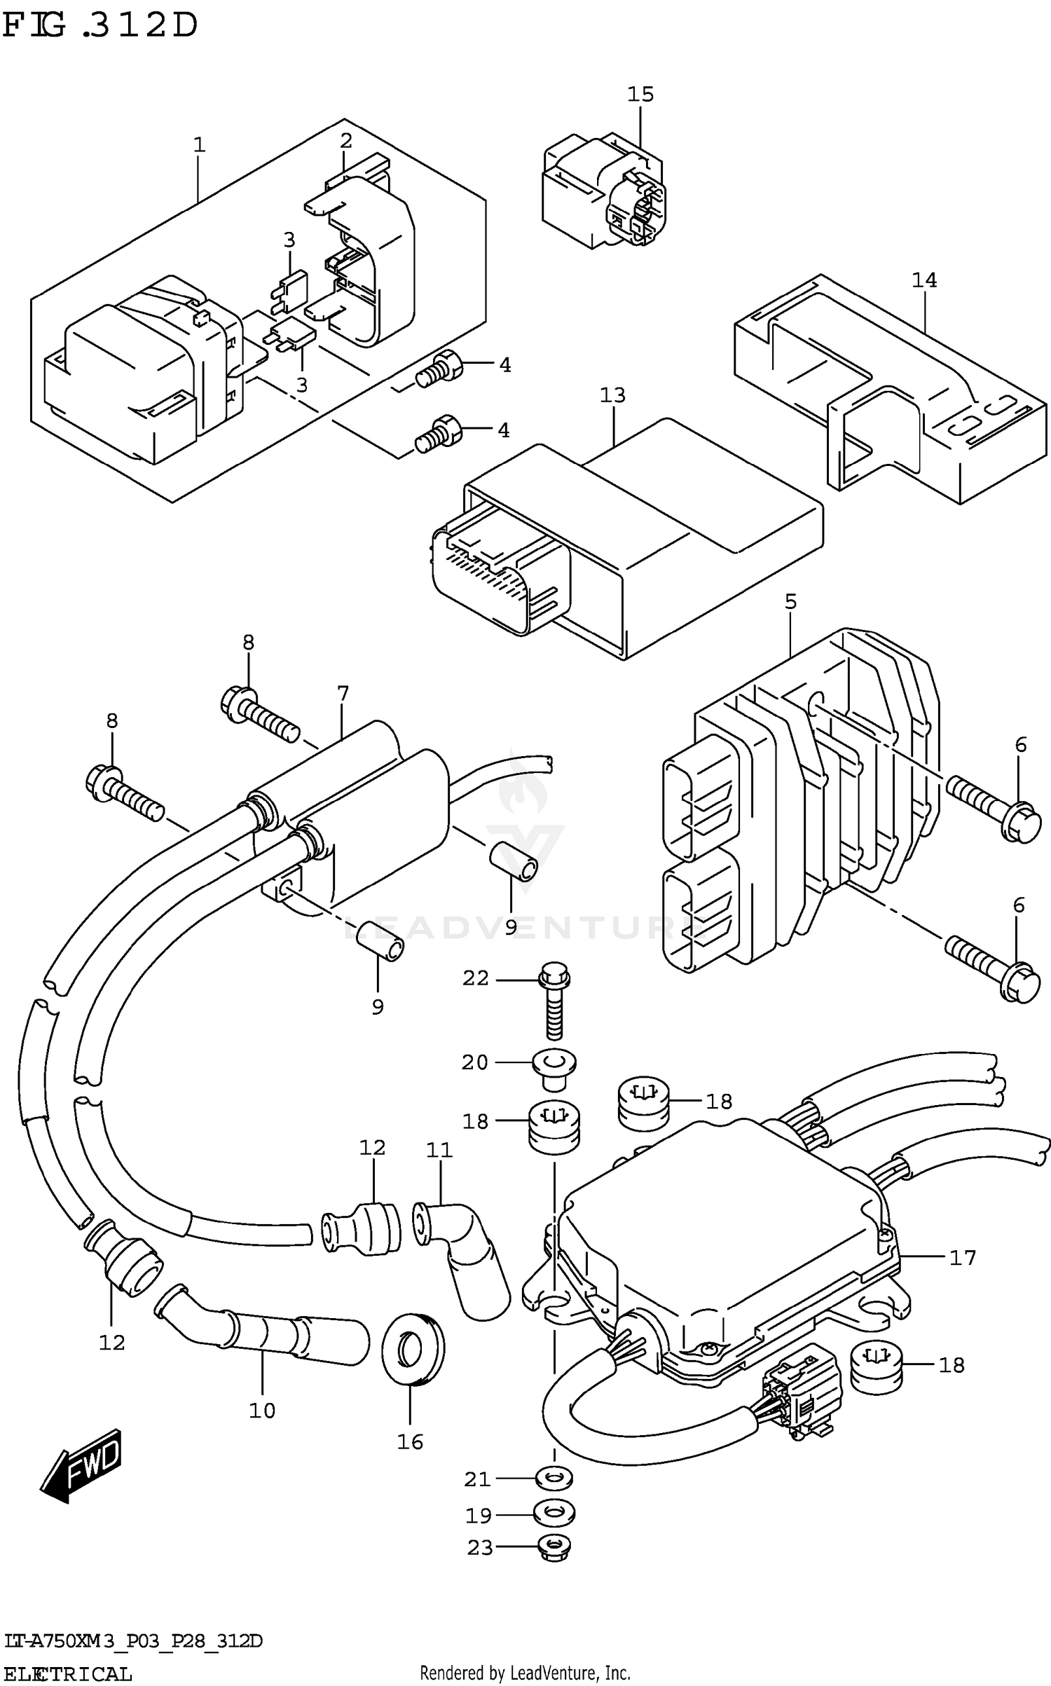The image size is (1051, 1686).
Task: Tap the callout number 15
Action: pos(640,94)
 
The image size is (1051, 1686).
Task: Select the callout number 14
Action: pos(923,280)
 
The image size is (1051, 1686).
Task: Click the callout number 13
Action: pos(612,395)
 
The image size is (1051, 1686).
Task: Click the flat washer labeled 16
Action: pos(413,1350)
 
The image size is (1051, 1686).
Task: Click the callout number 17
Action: pos(962,1258)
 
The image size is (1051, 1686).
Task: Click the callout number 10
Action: pos(262,1411)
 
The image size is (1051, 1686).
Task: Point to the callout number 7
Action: pos(343,694)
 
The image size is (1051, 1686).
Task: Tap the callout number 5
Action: pos(790,601)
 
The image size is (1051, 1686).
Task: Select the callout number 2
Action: pos(345,141)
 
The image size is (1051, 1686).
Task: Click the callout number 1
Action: pos(199,145)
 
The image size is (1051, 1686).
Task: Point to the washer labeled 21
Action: pos(554,1479)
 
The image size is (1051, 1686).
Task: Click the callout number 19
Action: pos(479,1516)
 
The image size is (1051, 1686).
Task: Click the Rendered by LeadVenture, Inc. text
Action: pos(525,1673)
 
